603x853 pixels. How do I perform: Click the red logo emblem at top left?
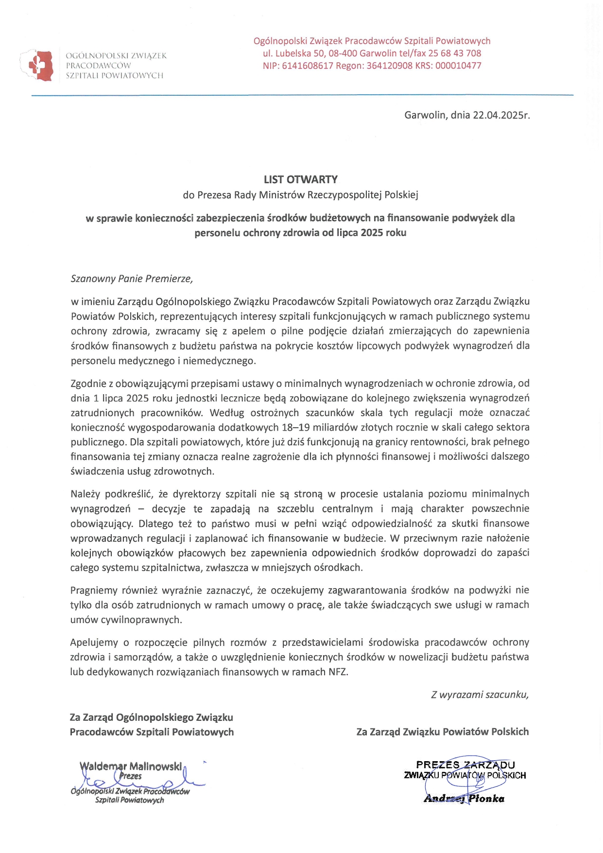point(40,65)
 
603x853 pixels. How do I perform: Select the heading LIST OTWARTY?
point(300,180)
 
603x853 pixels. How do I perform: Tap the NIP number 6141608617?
point(308,66)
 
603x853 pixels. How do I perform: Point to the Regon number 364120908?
point(389,66)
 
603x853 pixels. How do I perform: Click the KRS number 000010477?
point(458,66)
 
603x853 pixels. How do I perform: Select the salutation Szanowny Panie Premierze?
point(132,279)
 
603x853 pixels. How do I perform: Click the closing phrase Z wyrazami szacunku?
point(480,695)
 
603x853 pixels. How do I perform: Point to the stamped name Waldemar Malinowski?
point(131,767)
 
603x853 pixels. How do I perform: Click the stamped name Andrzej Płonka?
point(464,799)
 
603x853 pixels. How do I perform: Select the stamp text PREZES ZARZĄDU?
point(465,765)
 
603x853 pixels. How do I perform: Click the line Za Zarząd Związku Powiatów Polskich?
point(442,732)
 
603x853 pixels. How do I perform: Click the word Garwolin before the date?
point(425,116)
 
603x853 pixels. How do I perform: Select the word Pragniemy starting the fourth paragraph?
point(93,591)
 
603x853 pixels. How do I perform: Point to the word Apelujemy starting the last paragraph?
point(94,643)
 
